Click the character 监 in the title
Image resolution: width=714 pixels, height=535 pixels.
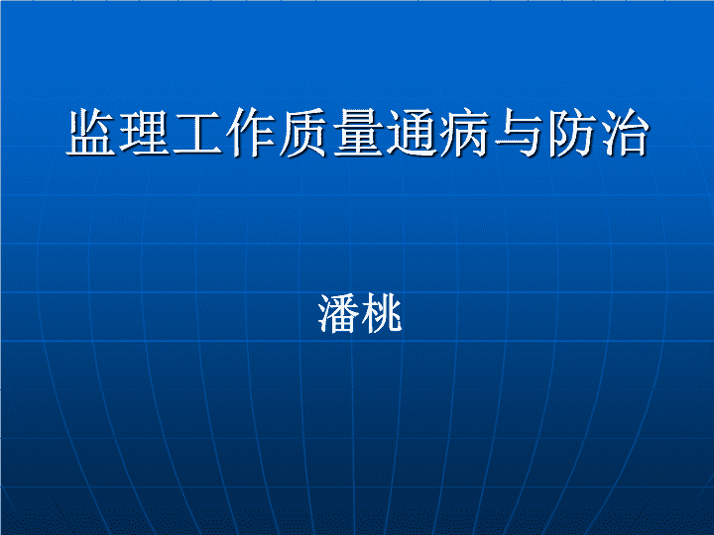[91, 133]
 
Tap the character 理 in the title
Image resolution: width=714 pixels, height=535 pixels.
[145, 133]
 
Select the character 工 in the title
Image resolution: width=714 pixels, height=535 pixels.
[197, 133]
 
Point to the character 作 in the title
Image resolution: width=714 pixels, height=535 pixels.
[251, 133]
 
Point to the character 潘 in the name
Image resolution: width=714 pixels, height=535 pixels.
[338, 313]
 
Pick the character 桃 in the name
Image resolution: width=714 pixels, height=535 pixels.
[381, 313]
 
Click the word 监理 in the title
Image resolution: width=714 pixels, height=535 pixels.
[117, 133]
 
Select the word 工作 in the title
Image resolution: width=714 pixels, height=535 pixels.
[224, 133]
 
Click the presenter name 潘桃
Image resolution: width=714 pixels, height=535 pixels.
[360, 313]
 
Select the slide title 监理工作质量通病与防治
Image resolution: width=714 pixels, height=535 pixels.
[357, 133]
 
